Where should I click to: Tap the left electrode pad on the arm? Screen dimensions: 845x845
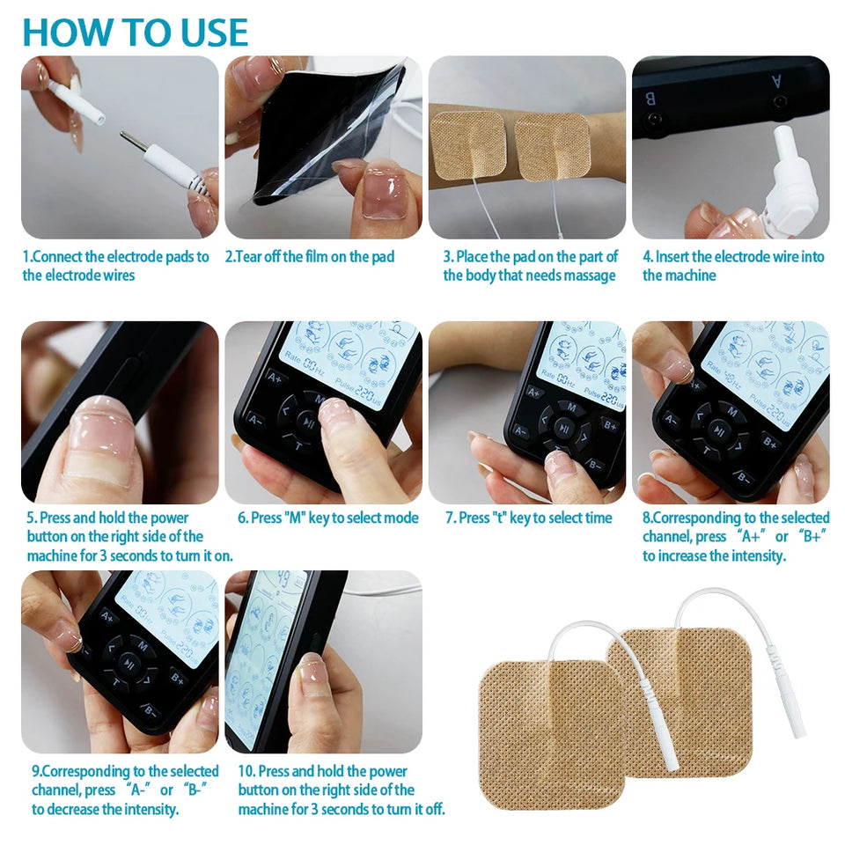[468, 147]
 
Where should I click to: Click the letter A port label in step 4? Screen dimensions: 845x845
[776, 80]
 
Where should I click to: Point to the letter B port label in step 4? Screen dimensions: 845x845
[651, 98]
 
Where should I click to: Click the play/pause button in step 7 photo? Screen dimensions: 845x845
[565, 430]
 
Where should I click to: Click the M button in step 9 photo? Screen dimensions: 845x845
[143, 645]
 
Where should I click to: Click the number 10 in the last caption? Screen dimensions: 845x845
[246, 771]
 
